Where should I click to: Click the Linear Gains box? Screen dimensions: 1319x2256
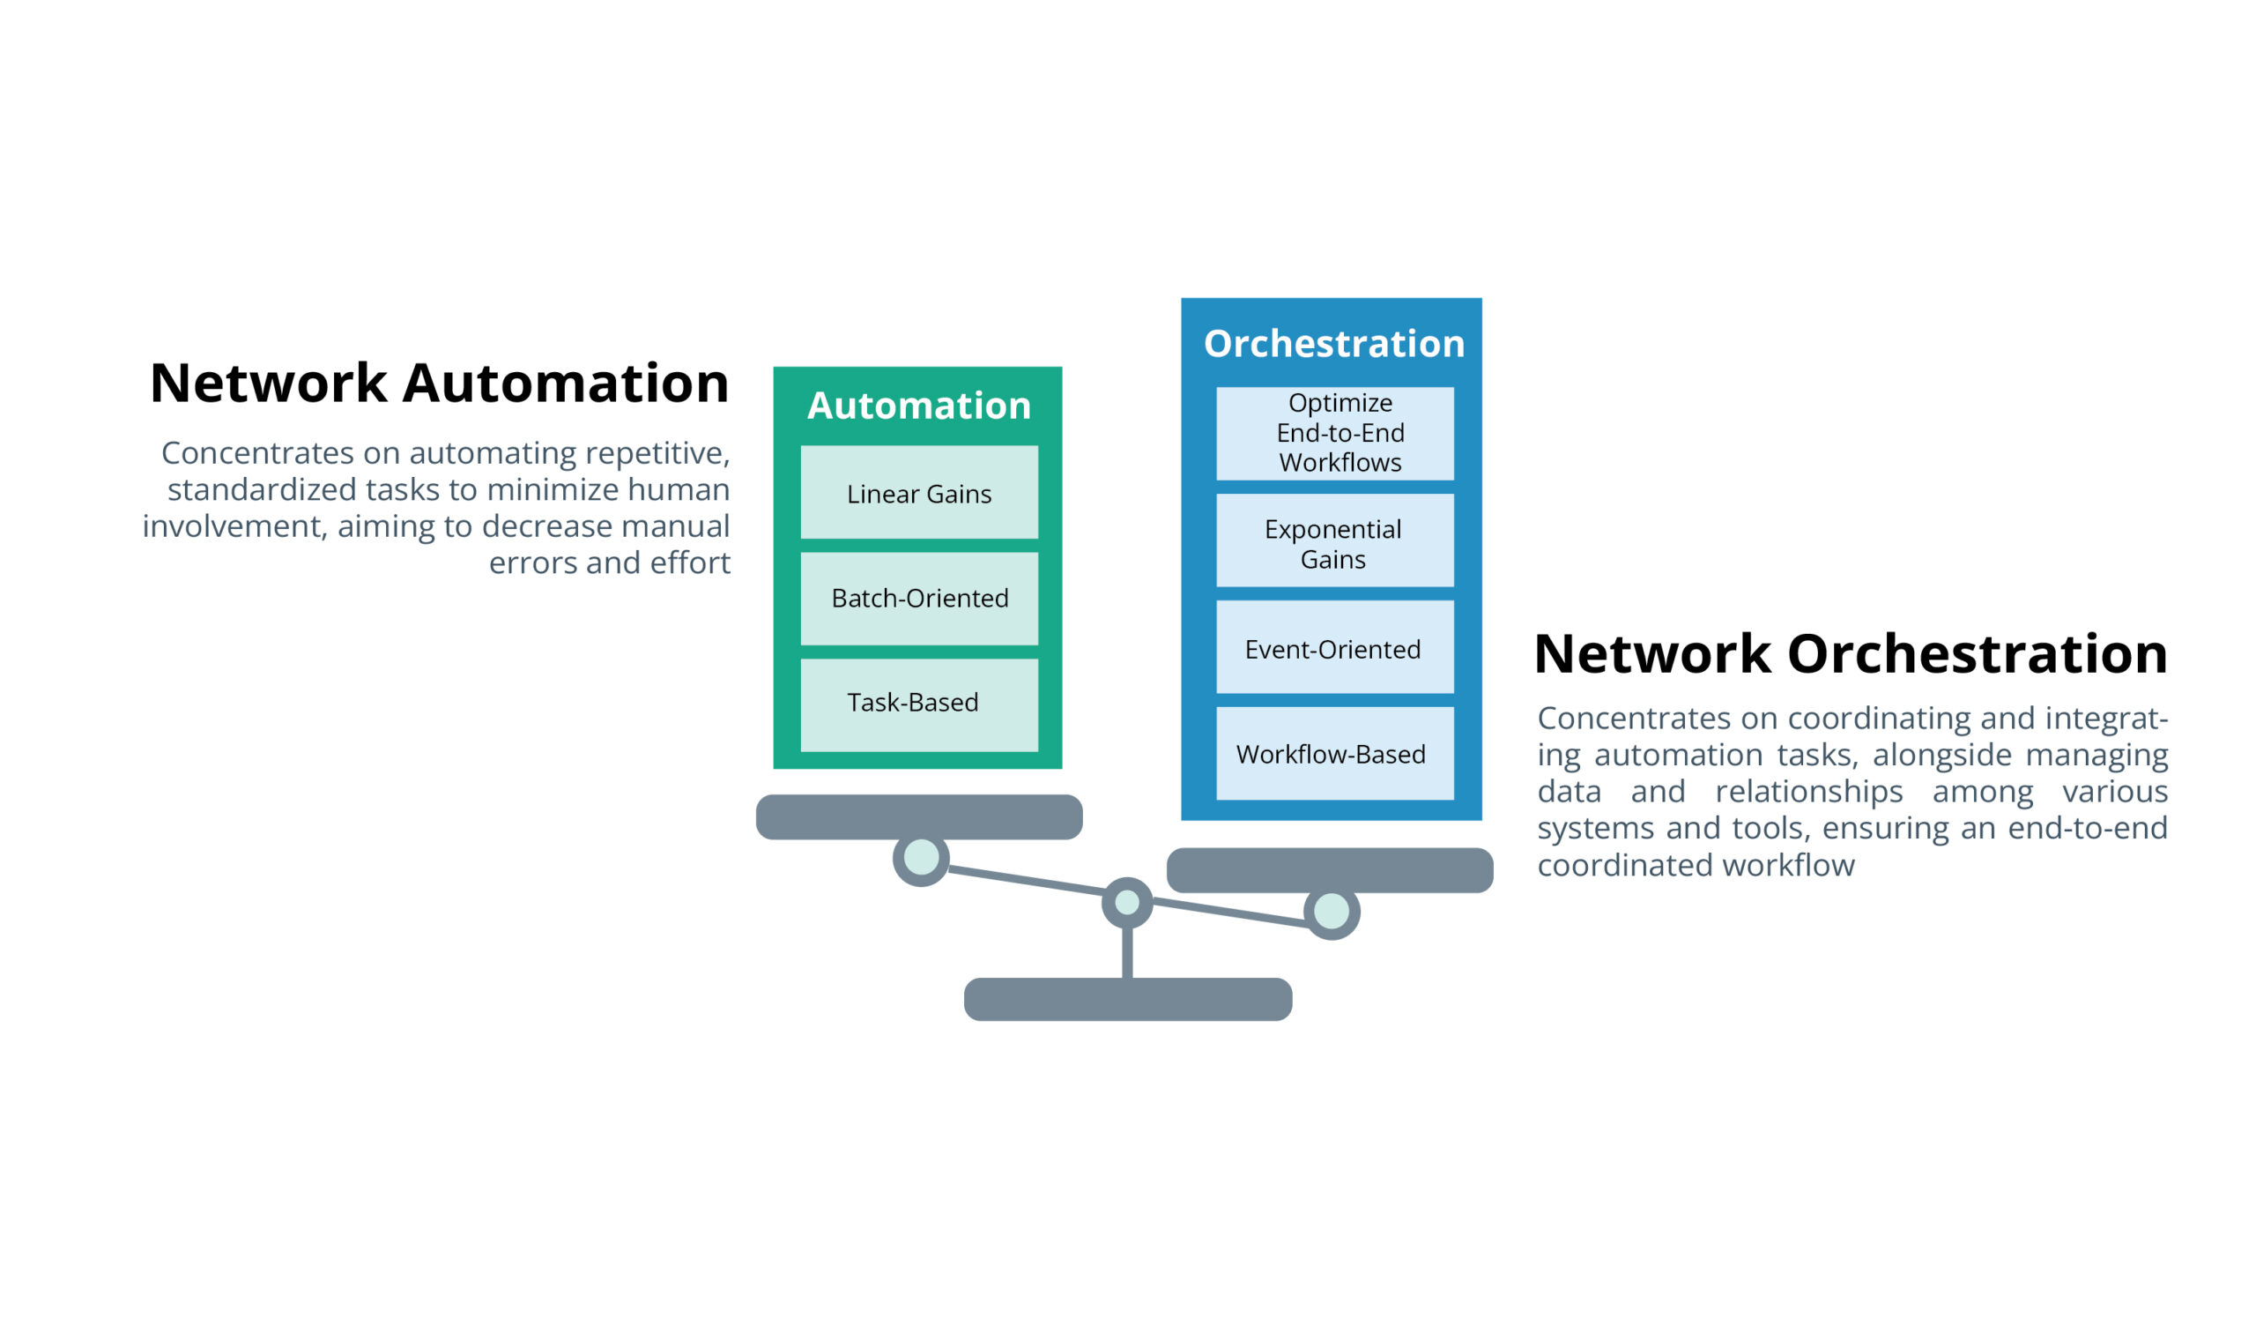pos(918,493)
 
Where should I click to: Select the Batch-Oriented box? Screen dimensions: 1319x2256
pos(918,598)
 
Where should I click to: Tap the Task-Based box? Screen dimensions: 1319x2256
pos(918,704)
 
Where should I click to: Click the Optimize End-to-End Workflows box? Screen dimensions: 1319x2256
pos(1334,434)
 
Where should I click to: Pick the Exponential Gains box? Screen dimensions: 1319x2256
pos(1334,540)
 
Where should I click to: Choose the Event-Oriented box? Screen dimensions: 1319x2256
pos(1334,647)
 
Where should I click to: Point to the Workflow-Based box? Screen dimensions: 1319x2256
pos(1334,753)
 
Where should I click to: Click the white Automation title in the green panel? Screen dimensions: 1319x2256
pos(918,406)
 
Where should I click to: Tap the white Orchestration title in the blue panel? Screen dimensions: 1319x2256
pos(1333,344)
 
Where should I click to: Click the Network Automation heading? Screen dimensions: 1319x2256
pos(439,384)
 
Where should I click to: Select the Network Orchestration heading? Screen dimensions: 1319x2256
pos(1850,653)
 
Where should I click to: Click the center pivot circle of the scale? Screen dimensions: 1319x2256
pos(1127,902)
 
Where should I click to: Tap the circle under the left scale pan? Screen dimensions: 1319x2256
pos(920,857)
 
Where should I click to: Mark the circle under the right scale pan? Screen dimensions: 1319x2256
pos(1332,912)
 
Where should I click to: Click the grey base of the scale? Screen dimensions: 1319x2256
pos(1127,999)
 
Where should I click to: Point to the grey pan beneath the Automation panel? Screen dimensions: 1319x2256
pos(918,816)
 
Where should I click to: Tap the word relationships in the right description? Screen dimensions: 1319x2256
pos(1808,792)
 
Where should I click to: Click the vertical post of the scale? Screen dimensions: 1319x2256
pos(1127,951)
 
